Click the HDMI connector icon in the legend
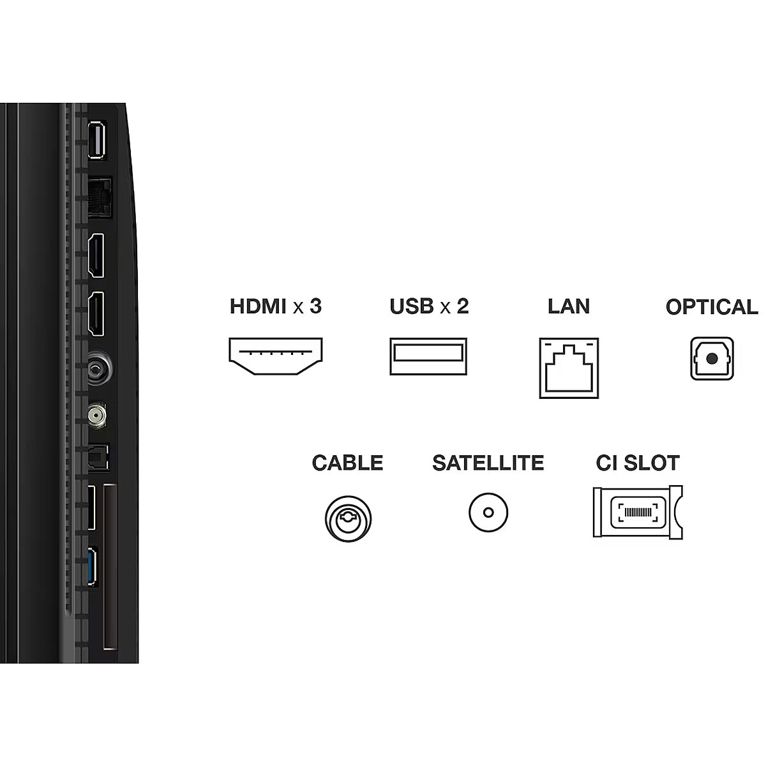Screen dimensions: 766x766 (x=275, y=357)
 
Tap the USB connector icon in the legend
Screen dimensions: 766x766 (x=428, y=356)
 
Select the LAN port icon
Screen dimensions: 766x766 (x=569, y=368)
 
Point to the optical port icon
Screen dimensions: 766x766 (x=712, y=359)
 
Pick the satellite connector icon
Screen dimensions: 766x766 (x=488, y=513)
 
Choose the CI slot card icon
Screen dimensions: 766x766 (x=638, y=512)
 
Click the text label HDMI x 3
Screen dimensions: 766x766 (x=275, y=306)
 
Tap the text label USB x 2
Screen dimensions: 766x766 (x=429, y=306)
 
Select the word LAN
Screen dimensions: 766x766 (x=568, y=306)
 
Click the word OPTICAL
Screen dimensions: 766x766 (x=712, y=307)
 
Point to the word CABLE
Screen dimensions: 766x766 (x=347, y=463)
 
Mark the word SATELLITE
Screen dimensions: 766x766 (x=488, y=463)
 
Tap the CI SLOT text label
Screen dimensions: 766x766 (x=638, y=463)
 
